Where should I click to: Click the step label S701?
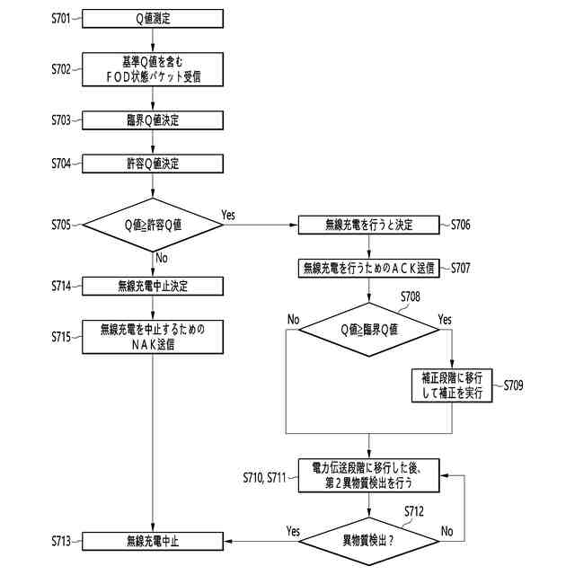(61, 18)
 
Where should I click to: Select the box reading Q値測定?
(153, 19)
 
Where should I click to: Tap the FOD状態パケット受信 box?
(153, 69)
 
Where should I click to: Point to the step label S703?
(61, 120)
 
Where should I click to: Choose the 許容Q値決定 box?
(153, 164)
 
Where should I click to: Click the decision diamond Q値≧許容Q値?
(153, 225)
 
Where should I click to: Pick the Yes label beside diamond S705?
(228, 215)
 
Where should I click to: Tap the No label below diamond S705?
(162, 258)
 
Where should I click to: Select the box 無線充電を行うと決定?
(369, 225)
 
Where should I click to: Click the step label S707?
(461, 268)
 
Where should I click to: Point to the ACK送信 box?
(369, 269)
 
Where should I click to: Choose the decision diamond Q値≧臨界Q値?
(369, 330)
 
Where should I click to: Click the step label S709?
(513, 385)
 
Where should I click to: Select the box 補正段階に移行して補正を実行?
(452, 385)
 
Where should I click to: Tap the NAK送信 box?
(153, 337)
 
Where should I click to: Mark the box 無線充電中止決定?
(153, 286)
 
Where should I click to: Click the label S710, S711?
(264, 477)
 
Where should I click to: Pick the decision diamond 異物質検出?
(369, 541)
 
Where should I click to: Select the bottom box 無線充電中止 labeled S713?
(153, 541)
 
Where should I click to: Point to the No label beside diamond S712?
(447, 531)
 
